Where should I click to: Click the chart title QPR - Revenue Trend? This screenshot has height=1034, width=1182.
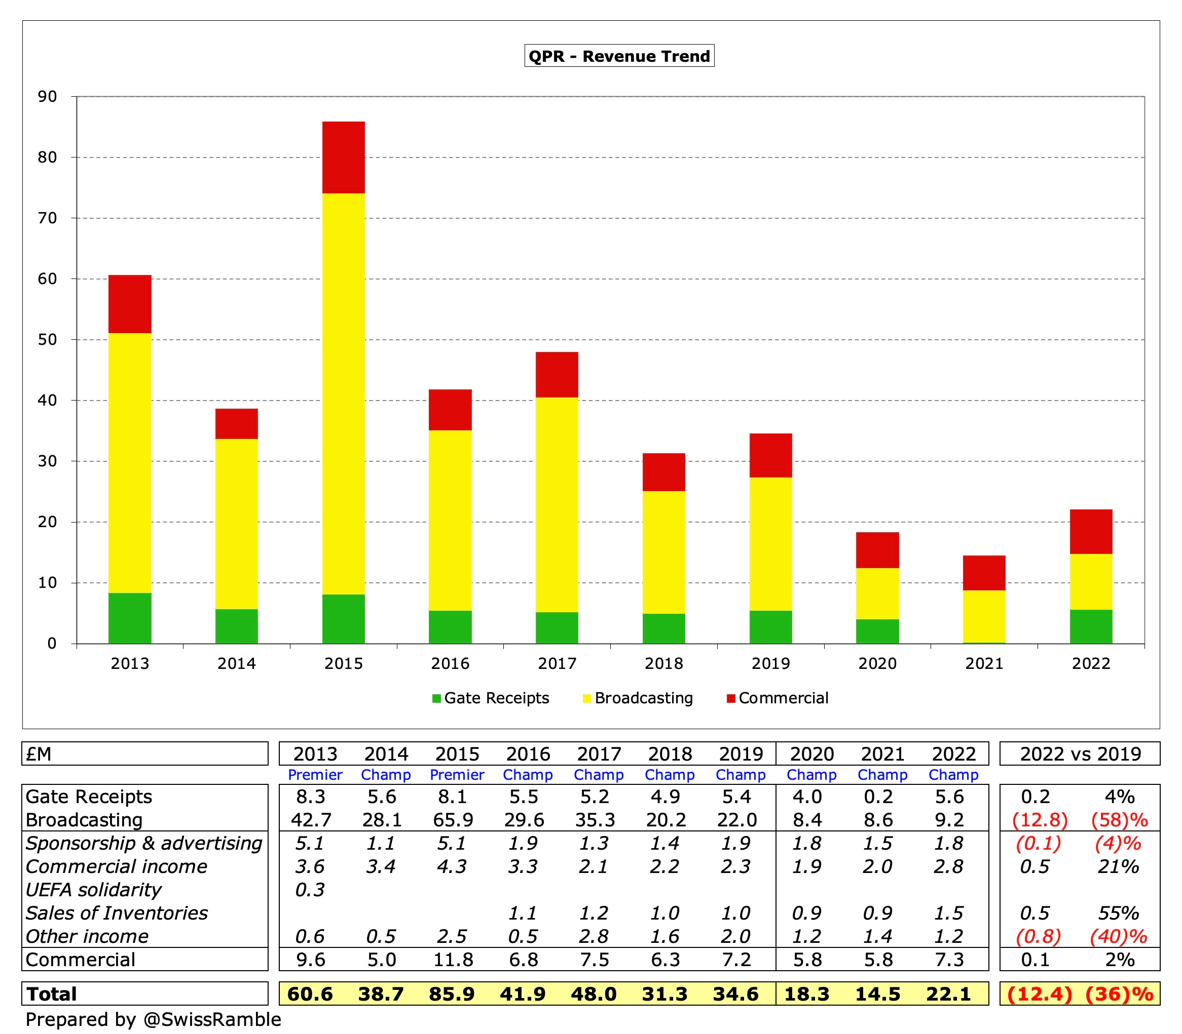pos(619,56)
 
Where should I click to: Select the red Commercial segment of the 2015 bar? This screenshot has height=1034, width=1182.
pos(343,157)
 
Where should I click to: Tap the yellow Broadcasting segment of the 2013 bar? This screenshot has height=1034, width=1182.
pos(130,462)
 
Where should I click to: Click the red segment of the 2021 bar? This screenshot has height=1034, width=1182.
pos(984,572)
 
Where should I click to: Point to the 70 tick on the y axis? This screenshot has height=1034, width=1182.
pos(47,218)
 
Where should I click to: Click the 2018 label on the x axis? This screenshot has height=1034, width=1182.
pos(663,663)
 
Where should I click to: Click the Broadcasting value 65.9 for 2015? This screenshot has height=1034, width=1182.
pos(453,820)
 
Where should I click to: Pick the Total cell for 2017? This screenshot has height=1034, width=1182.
pos(594,993)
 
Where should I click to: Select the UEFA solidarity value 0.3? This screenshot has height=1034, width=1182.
pos(310,890)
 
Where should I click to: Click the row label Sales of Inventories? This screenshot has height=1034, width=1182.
pos(117,913)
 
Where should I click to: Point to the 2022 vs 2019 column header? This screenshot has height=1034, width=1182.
pos(1080,753)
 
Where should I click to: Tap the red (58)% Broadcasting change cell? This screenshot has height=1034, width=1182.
pos(1119,820)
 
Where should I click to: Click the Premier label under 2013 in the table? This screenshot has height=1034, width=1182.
pos(315,775)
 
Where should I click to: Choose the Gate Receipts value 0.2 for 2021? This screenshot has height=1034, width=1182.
pos(878,797)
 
